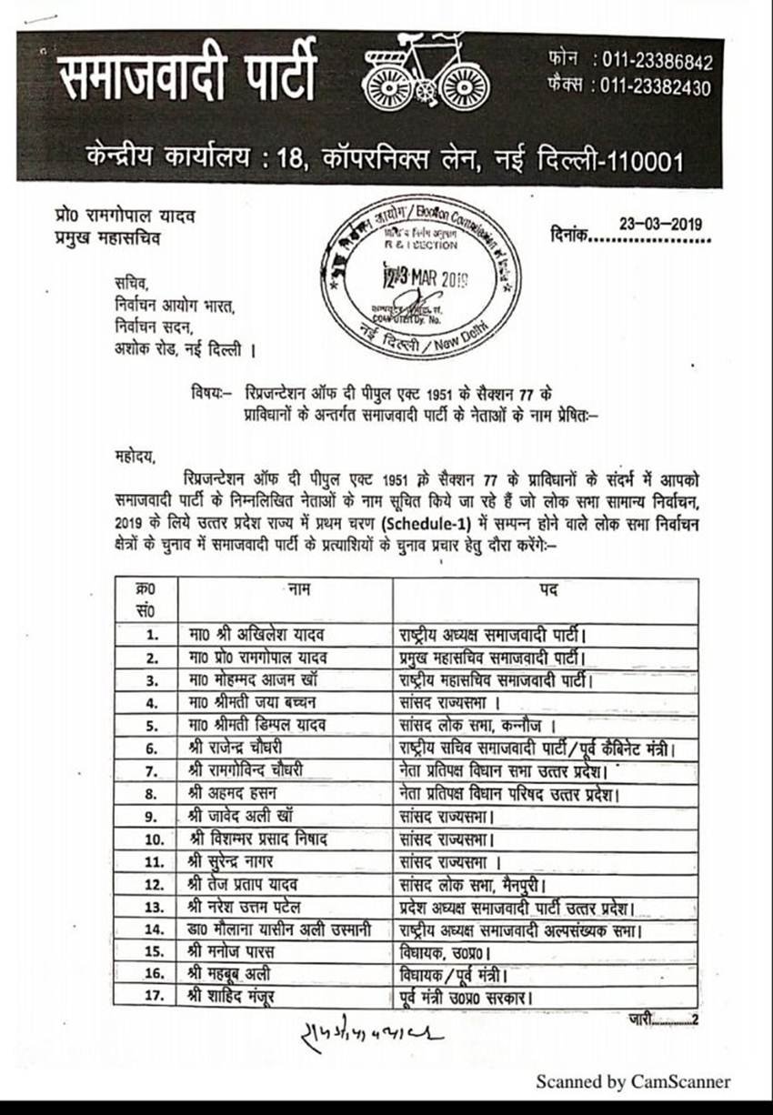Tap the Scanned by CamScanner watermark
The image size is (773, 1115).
[x=632, y=1081]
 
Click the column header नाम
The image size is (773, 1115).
[x=298, y=589]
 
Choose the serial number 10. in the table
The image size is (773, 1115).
[x=154, y=839]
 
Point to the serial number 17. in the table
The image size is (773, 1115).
[x=154, y=997]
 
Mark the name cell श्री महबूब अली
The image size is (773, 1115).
[x=236, y=974]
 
